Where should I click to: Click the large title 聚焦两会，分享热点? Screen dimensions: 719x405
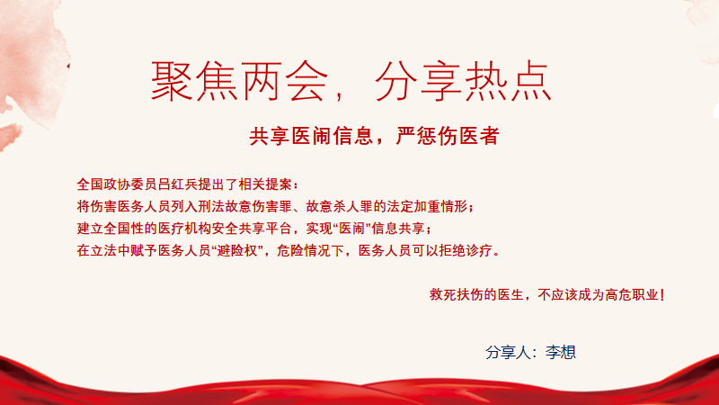[351, 81]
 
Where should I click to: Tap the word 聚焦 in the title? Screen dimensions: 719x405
[194, 81]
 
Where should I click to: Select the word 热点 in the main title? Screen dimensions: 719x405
[508, 81]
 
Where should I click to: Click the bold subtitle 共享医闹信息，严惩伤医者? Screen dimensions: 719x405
[374, 136]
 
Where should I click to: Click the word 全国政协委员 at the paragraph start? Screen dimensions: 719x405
[117, 184]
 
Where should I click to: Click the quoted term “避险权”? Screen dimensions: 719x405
[236, 251]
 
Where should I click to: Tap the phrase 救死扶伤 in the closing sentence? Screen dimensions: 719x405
[457, 295]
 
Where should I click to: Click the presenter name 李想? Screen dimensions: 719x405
[560, 353]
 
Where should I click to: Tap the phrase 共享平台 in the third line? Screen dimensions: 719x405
[264, 229]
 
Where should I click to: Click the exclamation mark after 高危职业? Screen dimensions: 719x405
[662, 295]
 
